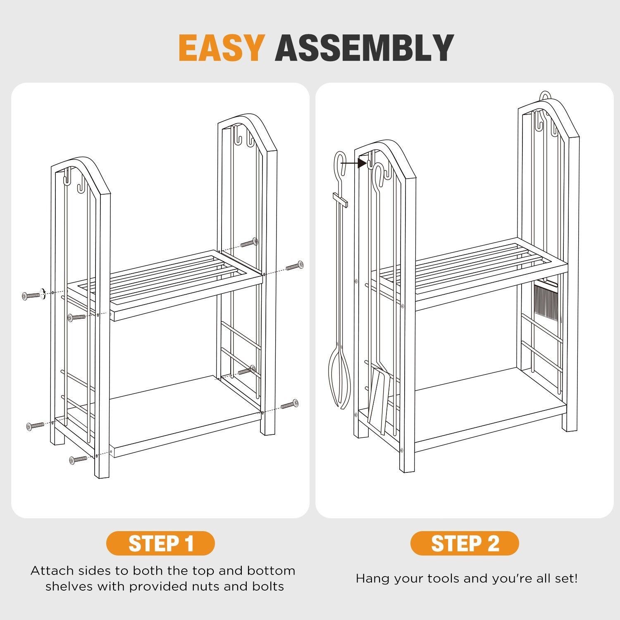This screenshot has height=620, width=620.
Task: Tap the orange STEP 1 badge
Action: click(161, 543)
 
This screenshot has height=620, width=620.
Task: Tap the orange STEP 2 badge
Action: click(465, 543)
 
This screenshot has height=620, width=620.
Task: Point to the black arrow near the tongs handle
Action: click(354, 163)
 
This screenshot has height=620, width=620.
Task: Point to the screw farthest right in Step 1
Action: click(294, 266)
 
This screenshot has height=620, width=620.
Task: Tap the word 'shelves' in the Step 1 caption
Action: click(72, 586)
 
